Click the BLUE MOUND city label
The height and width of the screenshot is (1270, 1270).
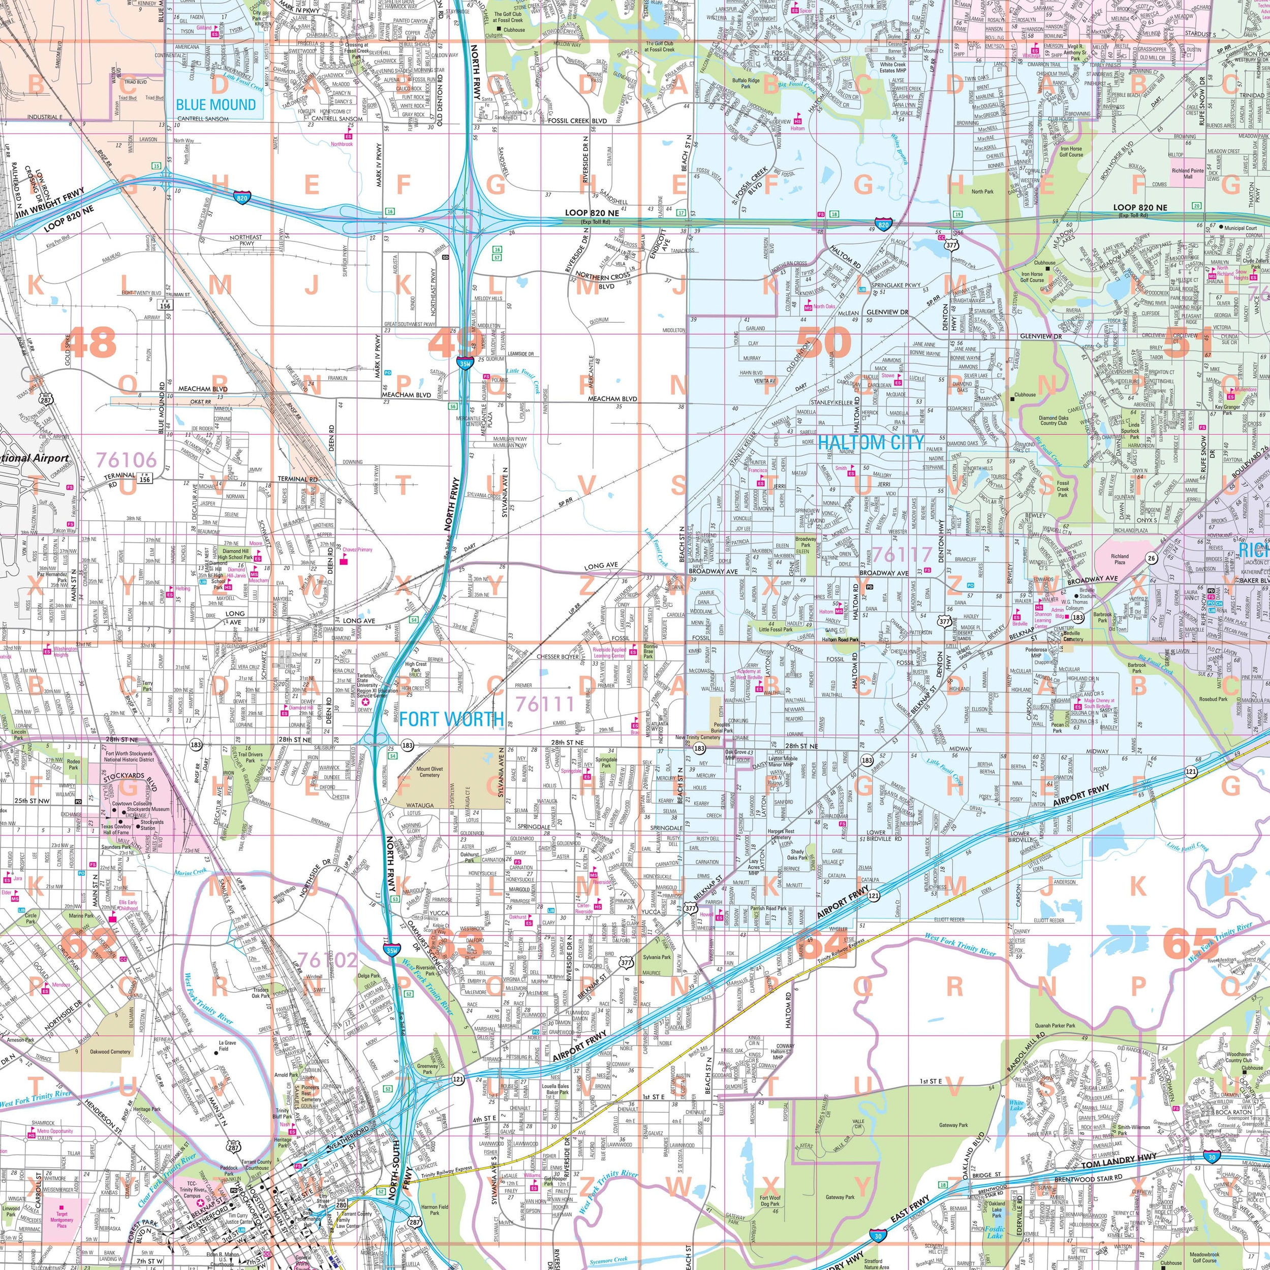[x=215, y=105]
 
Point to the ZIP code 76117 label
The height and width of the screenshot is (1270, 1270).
[x=903, y=554]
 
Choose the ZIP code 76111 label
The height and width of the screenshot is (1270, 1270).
[x=545, y=704]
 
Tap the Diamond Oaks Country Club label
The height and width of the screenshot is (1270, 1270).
[x=1053, y=420]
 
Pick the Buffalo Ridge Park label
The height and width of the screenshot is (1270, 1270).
[x=746, y=83]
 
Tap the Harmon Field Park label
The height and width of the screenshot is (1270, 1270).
[x=435, y=1210]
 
